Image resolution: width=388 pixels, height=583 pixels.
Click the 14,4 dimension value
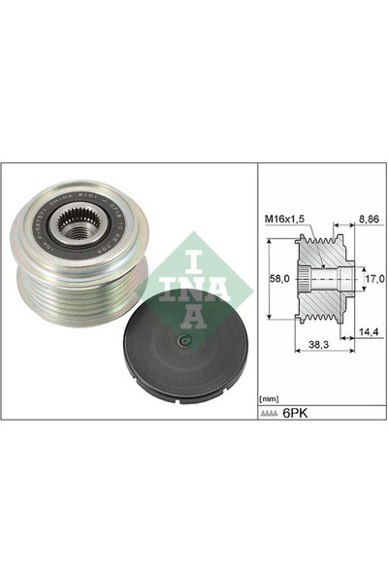368,331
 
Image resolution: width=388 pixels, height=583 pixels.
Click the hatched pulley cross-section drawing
325,279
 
